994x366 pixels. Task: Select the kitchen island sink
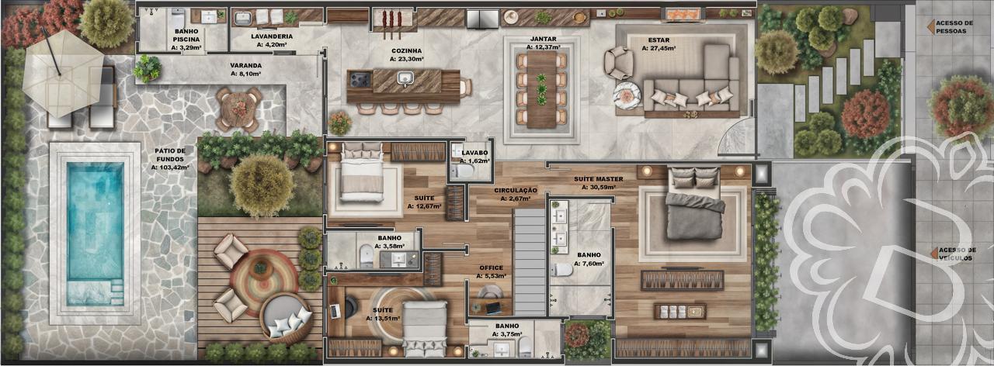click(405, 78)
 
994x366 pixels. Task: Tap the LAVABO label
click(474, 154)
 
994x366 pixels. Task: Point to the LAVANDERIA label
click(272, 36)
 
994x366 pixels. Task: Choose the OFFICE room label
click(492, 268)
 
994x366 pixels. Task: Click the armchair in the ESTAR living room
click(619, 62)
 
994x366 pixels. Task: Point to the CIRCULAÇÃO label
click(516, 190)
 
